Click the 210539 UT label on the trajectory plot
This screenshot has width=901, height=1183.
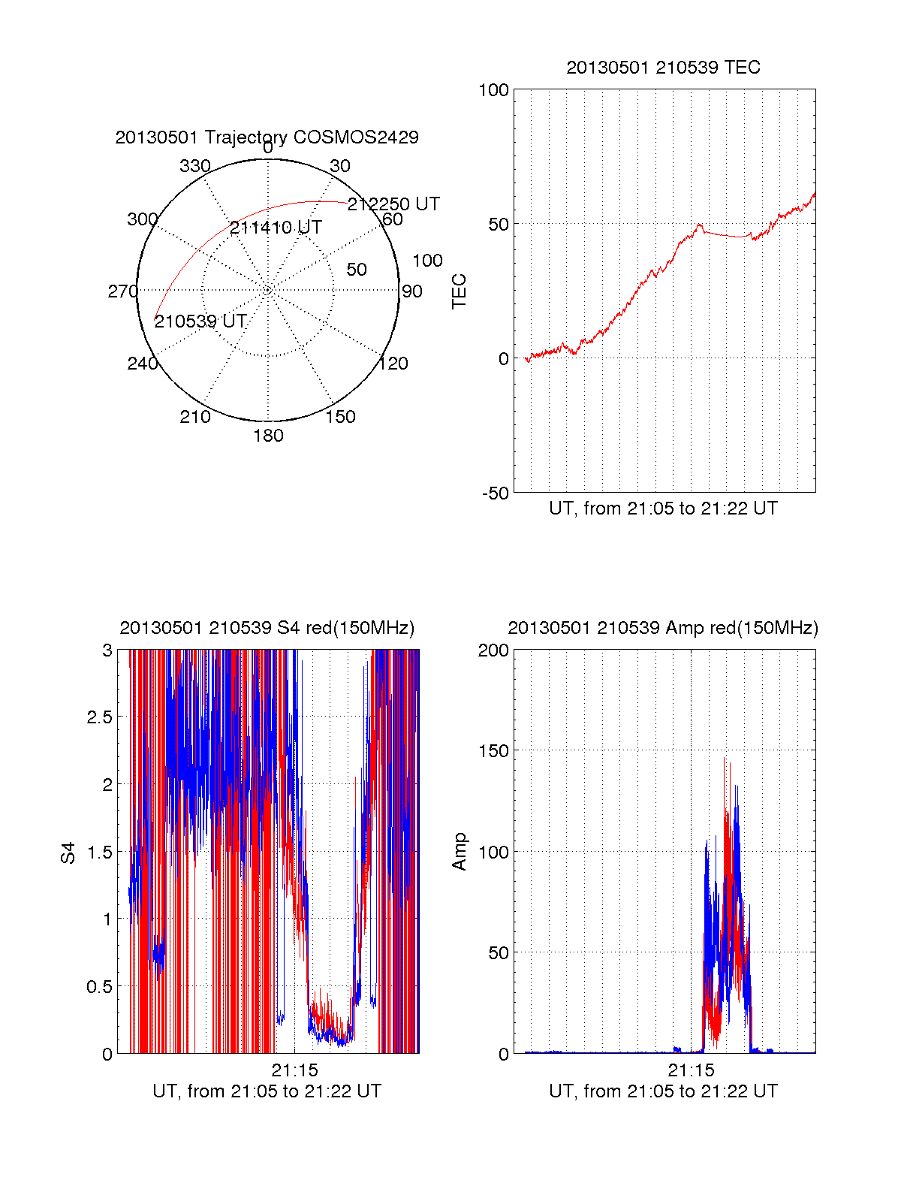point(200,321)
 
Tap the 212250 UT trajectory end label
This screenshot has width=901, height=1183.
point(393,204)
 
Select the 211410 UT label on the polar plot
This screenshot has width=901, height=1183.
point(276,228)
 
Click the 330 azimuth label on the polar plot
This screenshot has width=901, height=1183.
point(195,166)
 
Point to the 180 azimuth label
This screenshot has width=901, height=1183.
point(268,436)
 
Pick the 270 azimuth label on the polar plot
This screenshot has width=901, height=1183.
point(122,291)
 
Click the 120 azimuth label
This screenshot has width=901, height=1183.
point(393,364)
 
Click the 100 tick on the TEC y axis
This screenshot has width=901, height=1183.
point(493,90)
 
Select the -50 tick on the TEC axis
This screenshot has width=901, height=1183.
point(495,493)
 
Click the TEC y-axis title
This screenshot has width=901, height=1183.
point(459,291)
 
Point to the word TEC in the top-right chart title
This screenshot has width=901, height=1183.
point(743,68)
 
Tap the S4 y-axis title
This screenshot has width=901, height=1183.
point(68,853)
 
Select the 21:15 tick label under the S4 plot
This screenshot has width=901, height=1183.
point(294,1070)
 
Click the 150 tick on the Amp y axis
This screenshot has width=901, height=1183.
point(493,751)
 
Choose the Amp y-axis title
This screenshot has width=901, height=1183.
point(459,852)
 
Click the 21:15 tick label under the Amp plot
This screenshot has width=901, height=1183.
point(691,1070)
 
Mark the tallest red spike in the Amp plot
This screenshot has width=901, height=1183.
point(725,759)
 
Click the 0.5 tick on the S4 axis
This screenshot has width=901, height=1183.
point(99,987)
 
